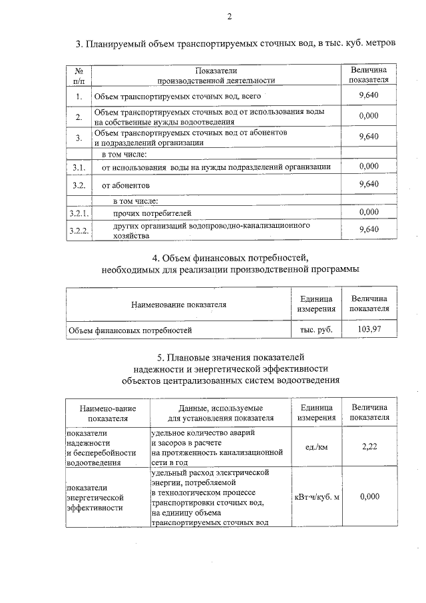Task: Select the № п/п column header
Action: click(x=79, y=75)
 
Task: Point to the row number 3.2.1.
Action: click(x=79, y=213)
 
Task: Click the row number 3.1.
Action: click(x=79, y=166)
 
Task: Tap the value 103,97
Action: click(x=369, y=329)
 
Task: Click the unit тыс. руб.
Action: click(x=316, y=329)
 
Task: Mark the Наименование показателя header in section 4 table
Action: click(x=178, y=304)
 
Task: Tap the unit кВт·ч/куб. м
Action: click(x=317, y=496)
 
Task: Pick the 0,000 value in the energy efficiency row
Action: click(x=369, y=496)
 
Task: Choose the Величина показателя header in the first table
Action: click(x=368, y=75)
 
